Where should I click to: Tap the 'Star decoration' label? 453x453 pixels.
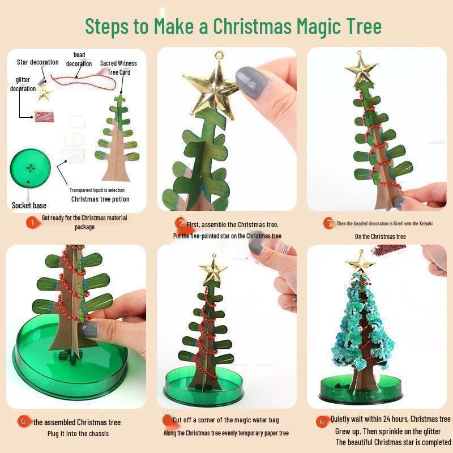click(37, 62)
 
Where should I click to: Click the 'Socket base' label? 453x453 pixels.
click(29, 205)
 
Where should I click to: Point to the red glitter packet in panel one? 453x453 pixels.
click(43, 116)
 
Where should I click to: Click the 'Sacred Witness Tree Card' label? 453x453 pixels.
click(119, 68)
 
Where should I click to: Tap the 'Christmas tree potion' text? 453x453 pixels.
click(100, 199)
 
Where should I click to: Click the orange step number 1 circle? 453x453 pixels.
click(32, 223)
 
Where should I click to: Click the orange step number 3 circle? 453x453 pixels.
click(328, 223)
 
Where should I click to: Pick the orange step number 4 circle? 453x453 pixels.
click(23, 421)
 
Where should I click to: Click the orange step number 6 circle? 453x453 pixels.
click(322, 421)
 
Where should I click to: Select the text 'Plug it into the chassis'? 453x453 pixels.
click(78, 434)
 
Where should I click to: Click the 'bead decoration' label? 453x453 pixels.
click(79, 59)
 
